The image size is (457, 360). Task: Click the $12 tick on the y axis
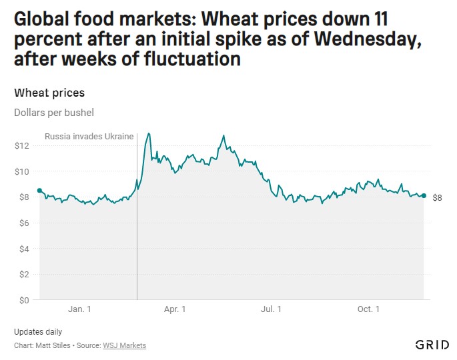click(22, 145)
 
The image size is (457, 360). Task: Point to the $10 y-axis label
click(22, 171)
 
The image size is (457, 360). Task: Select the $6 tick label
click(24, 223)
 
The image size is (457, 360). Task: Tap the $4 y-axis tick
click(24, 249)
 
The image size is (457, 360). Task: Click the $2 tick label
click(24, 274)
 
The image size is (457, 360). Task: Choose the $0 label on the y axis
click(24, 300)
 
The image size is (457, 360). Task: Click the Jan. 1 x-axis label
click(79, 309)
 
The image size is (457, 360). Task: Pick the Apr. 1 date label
click(175, 309)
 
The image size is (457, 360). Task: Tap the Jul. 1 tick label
click(271, 309)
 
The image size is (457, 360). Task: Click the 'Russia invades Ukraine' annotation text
click(89, 137)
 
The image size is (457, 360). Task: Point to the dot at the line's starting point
click(39, 191)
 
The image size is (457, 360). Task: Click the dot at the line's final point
click(424, 195)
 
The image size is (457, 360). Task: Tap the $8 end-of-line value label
click(438, 198)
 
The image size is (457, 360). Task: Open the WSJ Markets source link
click(124, 345)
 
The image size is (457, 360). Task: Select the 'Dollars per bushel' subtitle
click(54, 113)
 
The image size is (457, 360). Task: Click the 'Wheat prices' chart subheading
click(49, 93)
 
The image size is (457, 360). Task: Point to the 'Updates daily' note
click(38, 332)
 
